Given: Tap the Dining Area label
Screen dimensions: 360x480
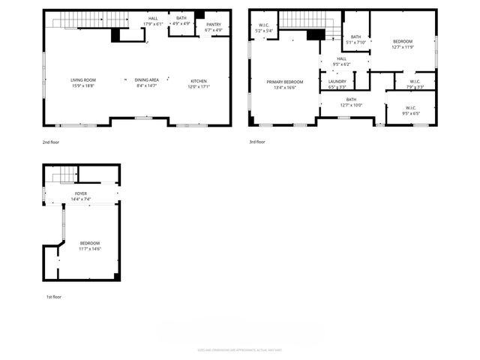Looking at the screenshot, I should pyautogui.click(x=146, y=83).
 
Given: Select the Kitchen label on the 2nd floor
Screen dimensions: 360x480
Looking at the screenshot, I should pyautogui.click(x=198, y=83).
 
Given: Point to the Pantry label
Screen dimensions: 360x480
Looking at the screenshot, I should pyautogui.click(x=214, y=27).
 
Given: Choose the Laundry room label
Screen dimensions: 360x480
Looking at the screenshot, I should pyautogui.click(x=337, y=83).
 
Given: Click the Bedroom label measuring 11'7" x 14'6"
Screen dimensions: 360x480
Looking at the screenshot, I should pyautogui.click(x=90, y=246).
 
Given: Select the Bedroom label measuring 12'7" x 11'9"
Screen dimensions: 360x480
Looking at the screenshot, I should pyautogui.click(x=403, y=44).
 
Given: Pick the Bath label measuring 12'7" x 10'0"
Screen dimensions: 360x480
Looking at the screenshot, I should pyautogui.click(x=352, y=102).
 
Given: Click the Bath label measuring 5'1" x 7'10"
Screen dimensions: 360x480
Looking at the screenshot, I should pyautogui.click(x=355, y=40).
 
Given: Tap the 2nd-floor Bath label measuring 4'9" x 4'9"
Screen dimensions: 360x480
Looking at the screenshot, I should pyautogui.click(x=181, y=19).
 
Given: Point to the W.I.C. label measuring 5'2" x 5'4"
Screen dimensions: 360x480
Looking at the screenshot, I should pyautogui.click(x=265, y=28).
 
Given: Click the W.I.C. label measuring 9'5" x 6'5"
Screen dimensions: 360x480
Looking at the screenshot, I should pyautogui.click(x=410, y=111).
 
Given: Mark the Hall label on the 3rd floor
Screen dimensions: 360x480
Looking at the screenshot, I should pyautogui.click(x=341, y=61).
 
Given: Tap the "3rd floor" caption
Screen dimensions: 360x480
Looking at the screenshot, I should pyautogui.click(x=257, y=141).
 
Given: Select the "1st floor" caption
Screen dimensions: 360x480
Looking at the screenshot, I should pyautogui.click(x=53, y=297).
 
